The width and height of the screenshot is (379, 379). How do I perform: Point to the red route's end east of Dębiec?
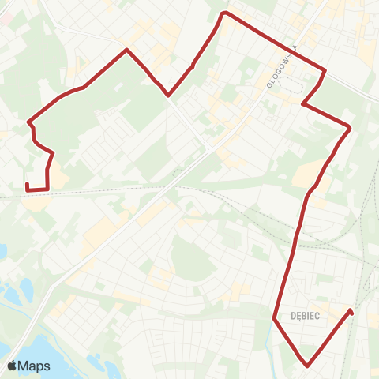tap(350, 310)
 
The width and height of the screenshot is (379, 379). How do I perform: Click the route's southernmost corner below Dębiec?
tap(307, 365)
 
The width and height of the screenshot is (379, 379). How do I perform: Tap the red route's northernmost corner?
tap(225, 13)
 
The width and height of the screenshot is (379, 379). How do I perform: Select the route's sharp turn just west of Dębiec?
tap(274, 318)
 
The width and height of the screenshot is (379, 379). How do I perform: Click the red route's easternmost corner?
tap(350, 127)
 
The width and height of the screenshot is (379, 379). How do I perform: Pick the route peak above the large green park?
tap(126, 51)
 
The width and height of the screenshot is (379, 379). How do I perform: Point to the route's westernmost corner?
tap(28, 122)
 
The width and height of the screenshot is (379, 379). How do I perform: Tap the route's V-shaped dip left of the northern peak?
tap(168, 96)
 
